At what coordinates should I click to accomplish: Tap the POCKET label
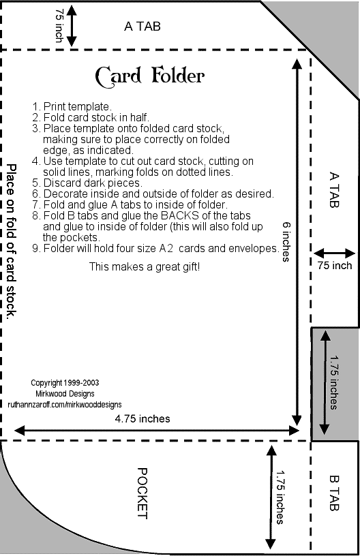coord(142,493)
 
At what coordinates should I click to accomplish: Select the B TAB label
coord(334,493)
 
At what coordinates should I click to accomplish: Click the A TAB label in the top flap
coord(142,27)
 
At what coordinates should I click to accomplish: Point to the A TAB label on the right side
coord(334,189)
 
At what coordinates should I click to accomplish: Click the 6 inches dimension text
coord(286,241)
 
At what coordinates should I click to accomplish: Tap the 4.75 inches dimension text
coord(142,419)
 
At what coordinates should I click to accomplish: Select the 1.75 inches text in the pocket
coord(280,497)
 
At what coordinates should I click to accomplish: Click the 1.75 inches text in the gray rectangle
coord(334,383)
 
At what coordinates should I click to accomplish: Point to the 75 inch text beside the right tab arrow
coord(335,266)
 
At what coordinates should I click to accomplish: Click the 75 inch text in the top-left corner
coord(59,25)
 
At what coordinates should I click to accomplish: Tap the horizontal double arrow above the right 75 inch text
coord(335,253)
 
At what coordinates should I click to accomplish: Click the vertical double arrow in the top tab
coord(72,26)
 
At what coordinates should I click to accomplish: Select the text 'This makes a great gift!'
coord(145,266)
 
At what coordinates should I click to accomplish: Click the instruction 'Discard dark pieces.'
coord(87,183)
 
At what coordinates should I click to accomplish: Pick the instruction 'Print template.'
coord(72,106)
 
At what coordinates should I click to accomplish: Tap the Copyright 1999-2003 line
coord(65,383)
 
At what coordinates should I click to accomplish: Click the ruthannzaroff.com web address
coord(65,404)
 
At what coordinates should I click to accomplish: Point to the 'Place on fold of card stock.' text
coord(12,241)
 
